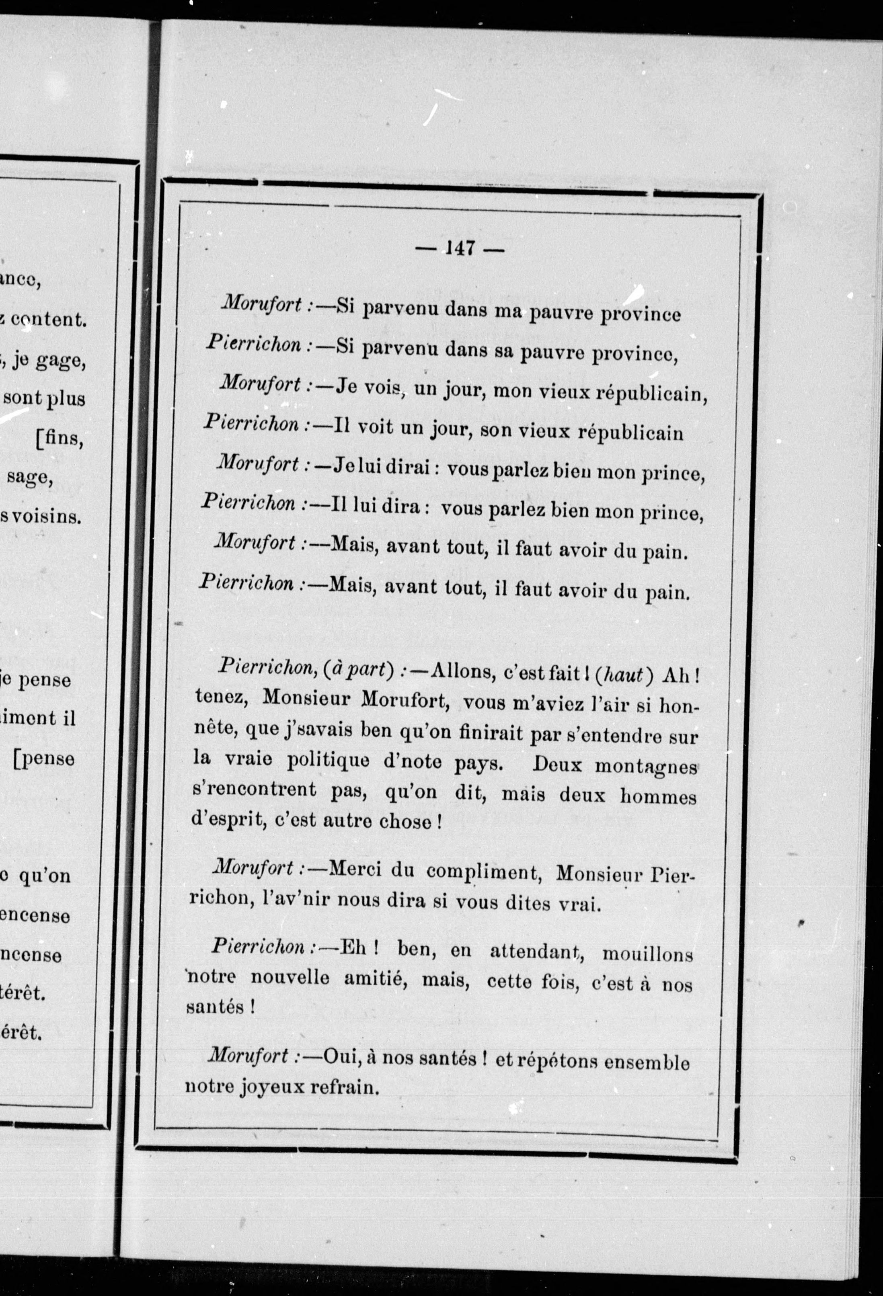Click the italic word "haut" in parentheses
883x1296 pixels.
(x=624, y=674)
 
